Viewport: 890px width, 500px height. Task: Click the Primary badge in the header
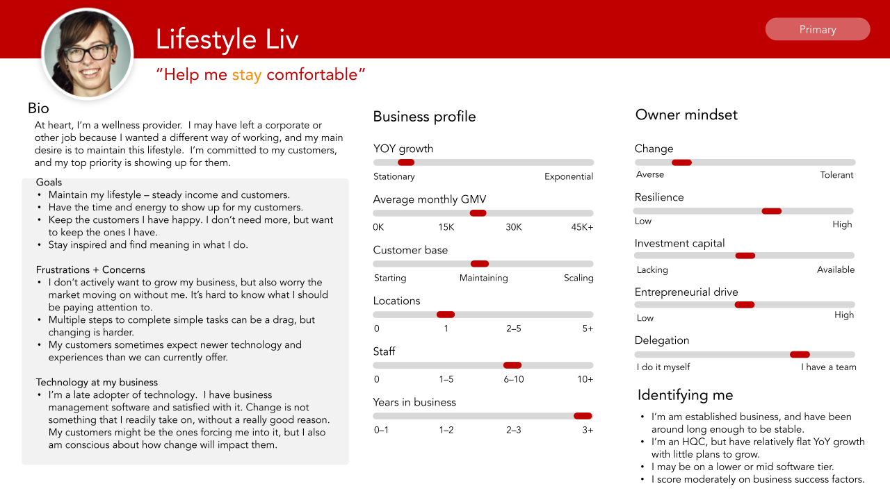click(817, 29)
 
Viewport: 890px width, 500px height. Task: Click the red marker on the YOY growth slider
click(405, 162)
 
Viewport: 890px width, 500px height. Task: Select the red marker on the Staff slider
click(512, 365)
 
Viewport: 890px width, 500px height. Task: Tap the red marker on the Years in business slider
click(583, 416)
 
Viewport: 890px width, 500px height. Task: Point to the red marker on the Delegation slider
click(800, 354)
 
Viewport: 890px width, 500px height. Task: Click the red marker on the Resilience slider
click(772, 211)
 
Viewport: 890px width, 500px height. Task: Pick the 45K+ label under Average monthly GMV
click(582, 227)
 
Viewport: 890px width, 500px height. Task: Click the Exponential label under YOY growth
click(569, 176)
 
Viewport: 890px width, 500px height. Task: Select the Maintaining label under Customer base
click(483, 278)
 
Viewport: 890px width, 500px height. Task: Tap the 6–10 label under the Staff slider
click(514, 379)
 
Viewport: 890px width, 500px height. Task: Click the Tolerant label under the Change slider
click(836, 175)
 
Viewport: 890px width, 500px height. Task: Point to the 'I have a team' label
click(828, 367)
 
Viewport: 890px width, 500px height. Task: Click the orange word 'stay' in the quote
click(247, 75)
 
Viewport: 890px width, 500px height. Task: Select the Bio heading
click(38, 108)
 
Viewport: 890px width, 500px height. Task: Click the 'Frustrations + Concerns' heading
click(90, 270)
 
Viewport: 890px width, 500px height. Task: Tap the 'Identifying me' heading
click(685, 395)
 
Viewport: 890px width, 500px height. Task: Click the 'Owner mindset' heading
click(686, 115)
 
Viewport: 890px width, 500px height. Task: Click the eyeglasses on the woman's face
click(87, 53)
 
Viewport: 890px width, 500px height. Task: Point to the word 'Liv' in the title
click(282, 39)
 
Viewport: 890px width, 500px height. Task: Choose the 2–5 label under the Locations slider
click(513, 328)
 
